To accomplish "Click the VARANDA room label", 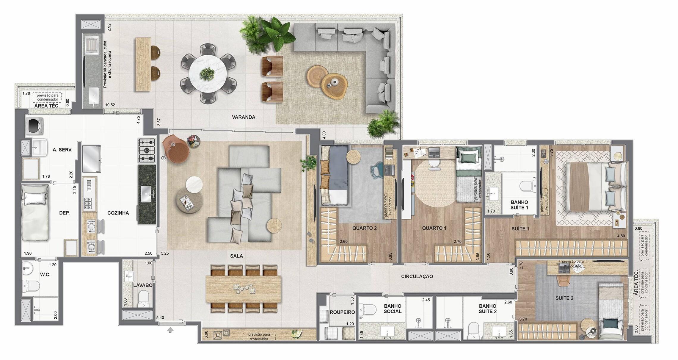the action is point(244,117).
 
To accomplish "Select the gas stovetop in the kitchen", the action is point(147,151).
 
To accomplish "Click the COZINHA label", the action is point(118,213).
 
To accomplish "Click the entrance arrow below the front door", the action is point(170,330).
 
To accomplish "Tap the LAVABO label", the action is point(143,285).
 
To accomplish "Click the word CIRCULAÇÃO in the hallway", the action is point(417,276).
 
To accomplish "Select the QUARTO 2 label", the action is point(365,228).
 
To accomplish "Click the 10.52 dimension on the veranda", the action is point(110,105).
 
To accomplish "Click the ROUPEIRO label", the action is point(342,312).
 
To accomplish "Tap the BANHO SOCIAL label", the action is point(393,309).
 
